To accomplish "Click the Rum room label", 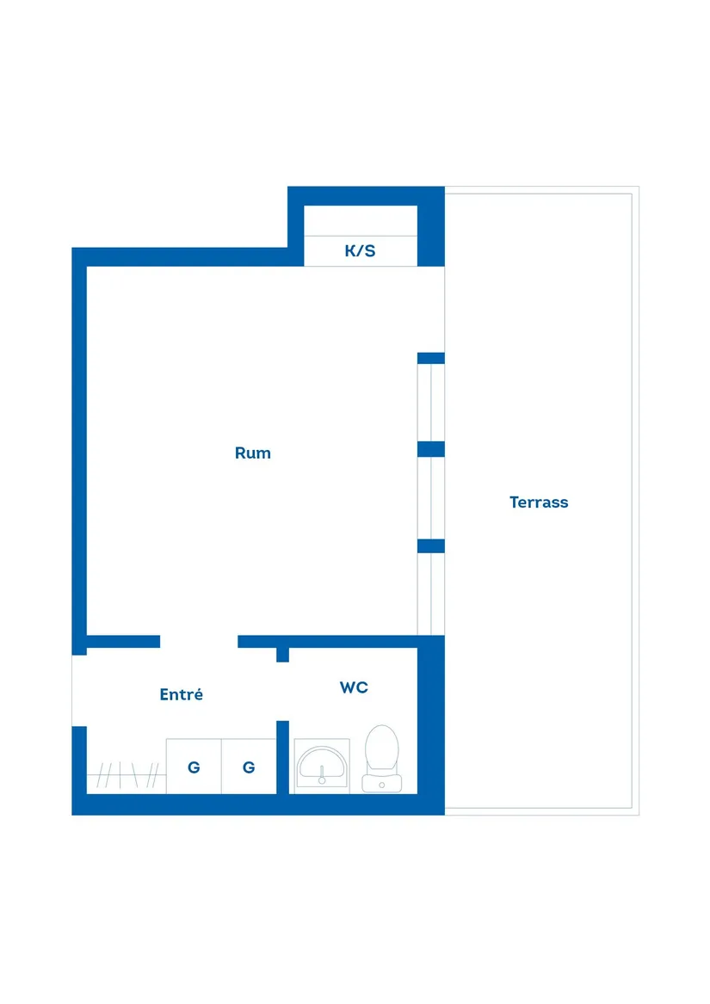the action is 252,453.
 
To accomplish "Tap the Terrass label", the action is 538,502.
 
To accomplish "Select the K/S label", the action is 360,250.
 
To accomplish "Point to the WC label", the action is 354,687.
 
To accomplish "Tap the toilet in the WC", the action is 382,759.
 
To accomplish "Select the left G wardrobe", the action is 194,767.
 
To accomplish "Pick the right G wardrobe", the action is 249,767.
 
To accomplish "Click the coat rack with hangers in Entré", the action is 127,775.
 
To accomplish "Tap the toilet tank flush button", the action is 382,785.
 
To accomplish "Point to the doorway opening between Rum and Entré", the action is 199,642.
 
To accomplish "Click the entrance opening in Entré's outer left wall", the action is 79,690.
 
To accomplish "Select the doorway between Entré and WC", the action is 282,692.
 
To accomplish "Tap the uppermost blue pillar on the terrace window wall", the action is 431,358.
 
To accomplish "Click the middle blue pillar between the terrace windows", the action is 431,449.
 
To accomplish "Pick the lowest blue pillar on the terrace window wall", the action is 431,545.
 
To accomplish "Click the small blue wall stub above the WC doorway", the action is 282,655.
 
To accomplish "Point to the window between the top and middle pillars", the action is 431,402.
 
